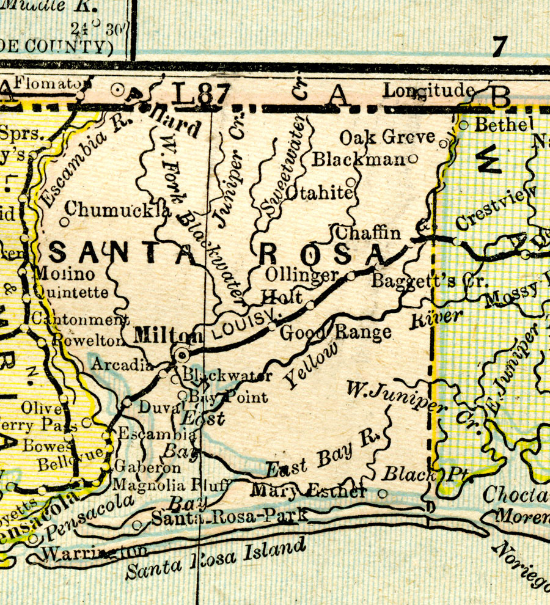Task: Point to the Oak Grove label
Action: pyautogui.click(x=387, y=137)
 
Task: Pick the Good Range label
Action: pyautogui.click(x=335, y=333)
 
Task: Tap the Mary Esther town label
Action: pyautogui.click(x=308, y=491)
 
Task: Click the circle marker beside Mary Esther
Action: pyautogui.click(x=383, y=493)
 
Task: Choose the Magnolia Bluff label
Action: pyautogui.click(x=170, y=485)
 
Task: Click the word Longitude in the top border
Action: pyautogui.click(x=429, y=91)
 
